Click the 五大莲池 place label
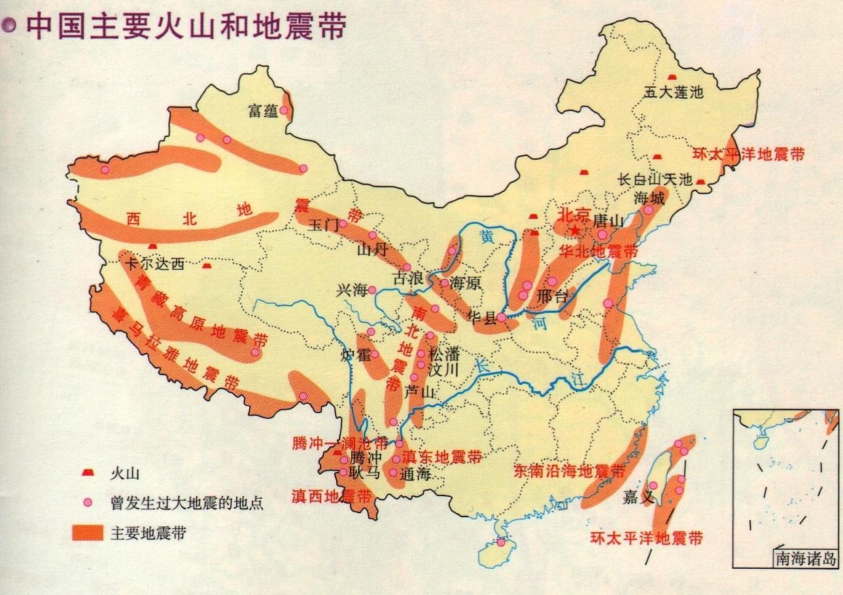[x=673, y=92]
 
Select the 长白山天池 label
[x=655, y=179]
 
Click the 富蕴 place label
[x=263, y=111]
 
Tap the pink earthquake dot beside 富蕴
[x=284, y=110]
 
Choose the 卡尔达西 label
[x=154, y=264]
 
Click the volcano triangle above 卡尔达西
[x=152, y=246]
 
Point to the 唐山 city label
[x=608, y=221]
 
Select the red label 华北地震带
[x=599, y=251]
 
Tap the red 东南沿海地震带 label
[x=570, y=471]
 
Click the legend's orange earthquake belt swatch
[x=88, y=533]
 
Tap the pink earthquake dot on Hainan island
[x=501, y=543]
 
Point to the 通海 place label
[x=415, y=475]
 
